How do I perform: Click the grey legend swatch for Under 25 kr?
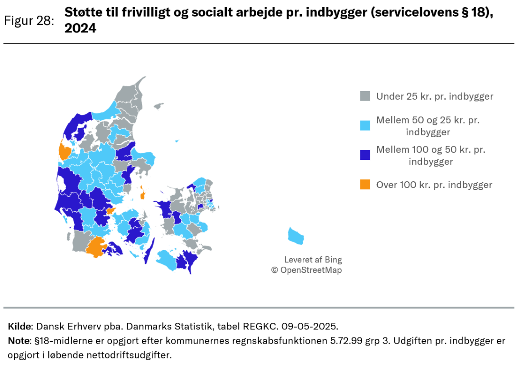(x=365, y=96)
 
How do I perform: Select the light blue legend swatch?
(x=365, y=126)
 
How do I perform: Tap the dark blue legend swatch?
(x=365, y=155)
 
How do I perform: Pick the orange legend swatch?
(x=365, y=185)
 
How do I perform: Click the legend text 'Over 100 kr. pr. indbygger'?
(x=434, y=185)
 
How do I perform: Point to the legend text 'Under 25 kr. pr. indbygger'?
(x=435, y=96)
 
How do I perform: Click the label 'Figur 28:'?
(x=28, y=21)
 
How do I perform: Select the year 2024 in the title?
(x=80, y=28)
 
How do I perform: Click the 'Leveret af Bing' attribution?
(x=313, y=260)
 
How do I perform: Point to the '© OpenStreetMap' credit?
(x=306, y=270)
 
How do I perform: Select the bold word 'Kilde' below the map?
(x=19, y=327)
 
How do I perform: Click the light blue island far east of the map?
(x=296, y=235)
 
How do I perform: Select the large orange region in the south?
(x=96, y=246)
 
